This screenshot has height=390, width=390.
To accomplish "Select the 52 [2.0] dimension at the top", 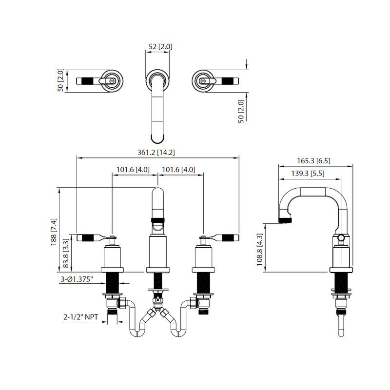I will click(160, 47).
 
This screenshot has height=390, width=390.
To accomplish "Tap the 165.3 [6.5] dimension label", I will click(314, 160).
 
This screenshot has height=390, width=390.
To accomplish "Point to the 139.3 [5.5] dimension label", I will click(308, 174).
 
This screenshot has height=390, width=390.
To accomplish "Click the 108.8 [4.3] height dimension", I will click(260, 247).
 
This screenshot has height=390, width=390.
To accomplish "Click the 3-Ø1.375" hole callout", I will click(78, 279).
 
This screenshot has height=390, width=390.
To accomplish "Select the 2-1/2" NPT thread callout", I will click(81, 317).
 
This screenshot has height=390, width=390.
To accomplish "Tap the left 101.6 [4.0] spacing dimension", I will click(133, 170).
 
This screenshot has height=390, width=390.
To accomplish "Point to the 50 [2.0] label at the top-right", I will click(240, 111).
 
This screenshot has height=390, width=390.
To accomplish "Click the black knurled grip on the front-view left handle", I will click(87, 238).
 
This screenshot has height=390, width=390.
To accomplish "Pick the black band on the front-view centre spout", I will click(158, 219).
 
